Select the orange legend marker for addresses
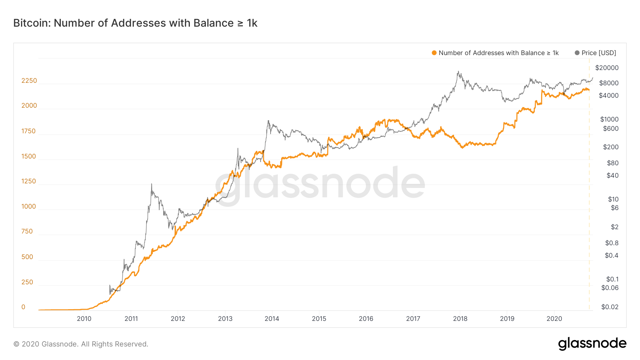pyautogui.click(x=434, y=53)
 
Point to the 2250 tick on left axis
pyautogui.click(x=29, y=81)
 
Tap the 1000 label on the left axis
pyautogui.click(x=29, y=206)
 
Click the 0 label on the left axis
pyautogui.click(x=23, y=307)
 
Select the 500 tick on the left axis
pyautogui.click(x=27, y=257)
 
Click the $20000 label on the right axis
pyautogui.click(x=607, y=68)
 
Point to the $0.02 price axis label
pyautogui.click(x=609, y=307)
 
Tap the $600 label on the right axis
pyautogui.click(x=610, y=129)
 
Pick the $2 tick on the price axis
pyautogui.click(x=614, y=227)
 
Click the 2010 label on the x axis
pyautogui.click(x=84, y=319)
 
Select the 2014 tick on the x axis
pyautogui.click(x=272, y=319)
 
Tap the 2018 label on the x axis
pyautogui.click(x=460, y=319)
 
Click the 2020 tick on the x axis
pyautogui.click(x=554, y=319)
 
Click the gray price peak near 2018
pyautogui.click(x=459, y=71)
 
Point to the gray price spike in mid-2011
pyautogui.click(x=151, y=184)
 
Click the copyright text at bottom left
pyautogui.click(x=81, y=344)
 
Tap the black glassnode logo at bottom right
pyautogui.click(x=592, y=344)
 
